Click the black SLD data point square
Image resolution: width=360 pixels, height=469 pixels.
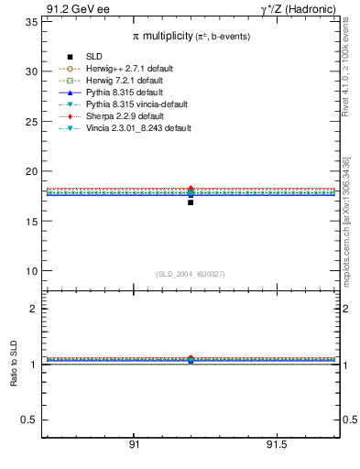[x=191, y=202]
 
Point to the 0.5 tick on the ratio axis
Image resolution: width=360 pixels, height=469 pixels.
[x=27, y=420]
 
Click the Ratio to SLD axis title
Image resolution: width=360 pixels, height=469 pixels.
[x=14, y=364]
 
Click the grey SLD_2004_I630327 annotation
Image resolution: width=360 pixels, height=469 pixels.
[x=190, y=273]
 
